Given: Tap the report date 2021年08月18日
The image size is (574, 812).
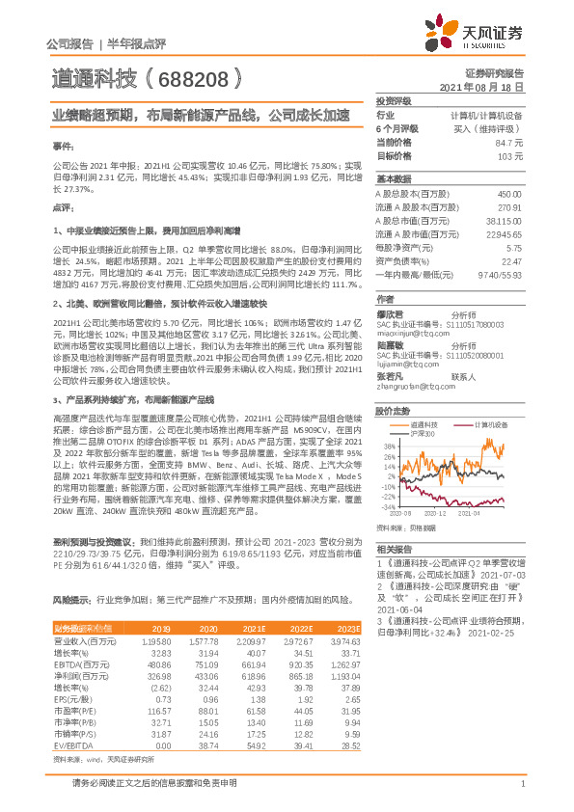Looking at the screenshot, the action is [486, 87].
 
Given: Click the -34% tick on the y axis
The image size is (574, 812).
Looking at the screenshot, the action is [388, 505].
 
